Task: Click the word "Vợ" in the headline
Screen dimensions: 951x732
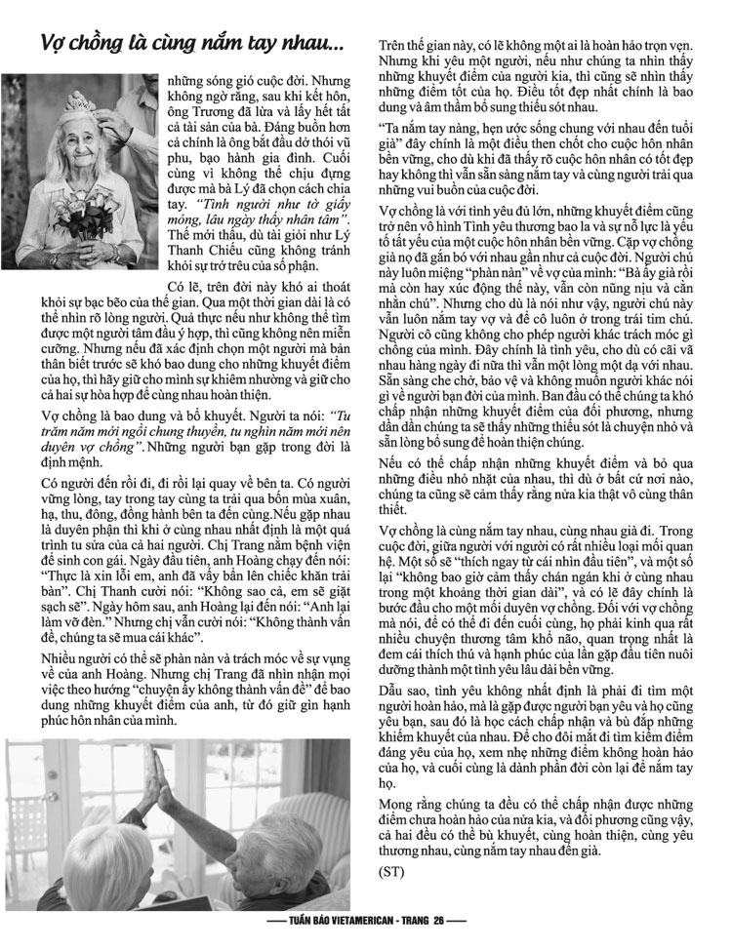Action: pyautogui.click(x=55, y=45)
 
